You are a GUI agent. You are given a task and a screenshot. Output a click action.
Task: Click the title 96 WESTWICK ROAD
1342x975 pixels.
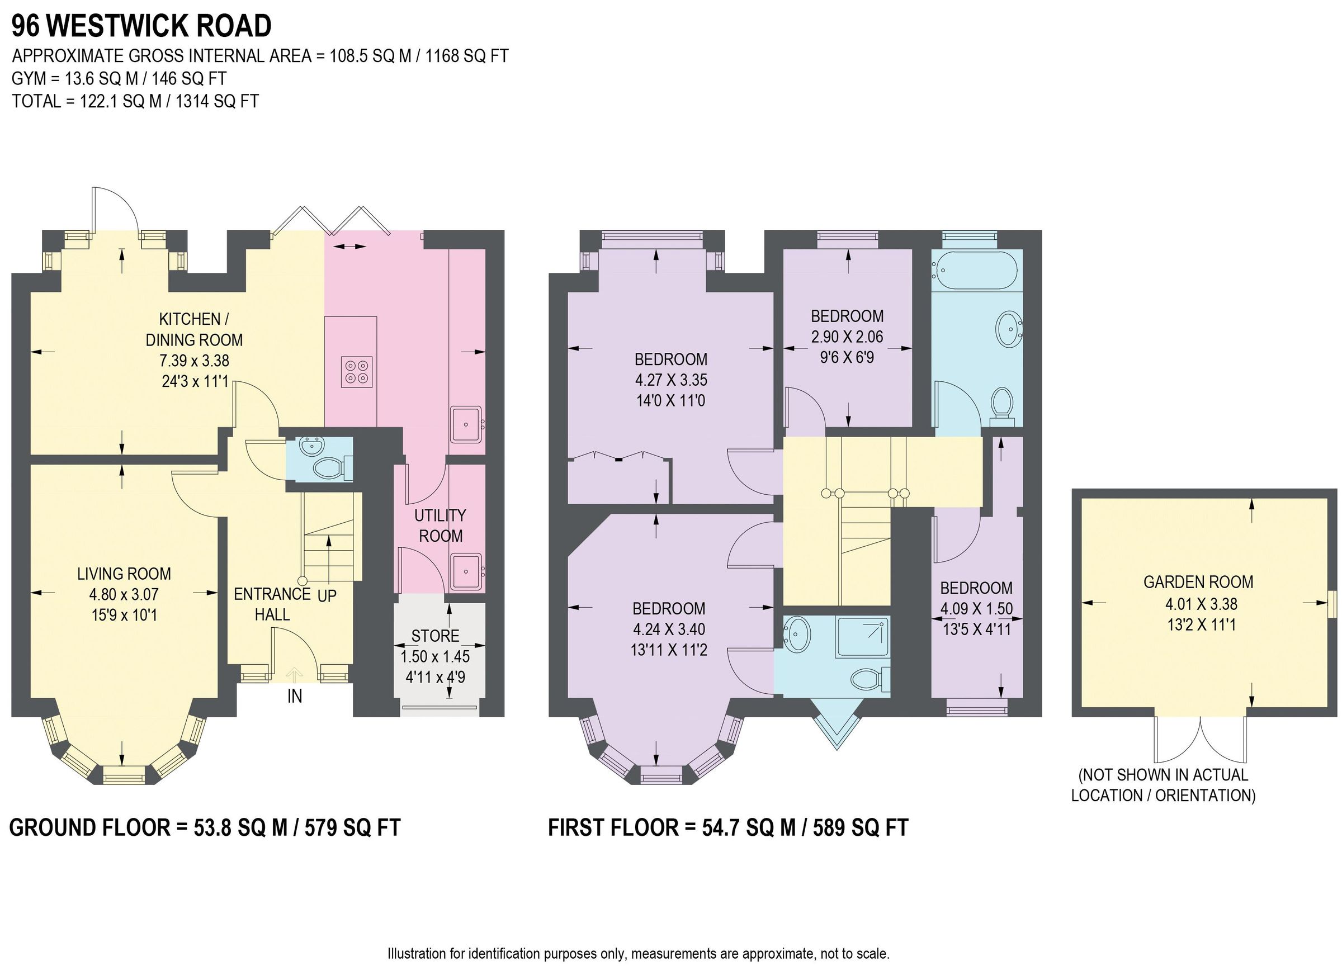[141, 26]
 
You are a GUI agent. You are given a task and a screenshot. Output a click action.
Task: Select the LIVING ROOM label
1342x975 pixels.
[124, 573]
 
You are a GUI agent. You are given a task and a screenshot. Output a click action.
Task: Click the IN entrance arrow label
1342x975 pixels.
[295, 696]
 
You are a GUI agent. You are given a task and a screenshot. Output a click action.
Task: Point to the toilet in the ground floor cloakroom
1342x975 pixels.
[327, 469]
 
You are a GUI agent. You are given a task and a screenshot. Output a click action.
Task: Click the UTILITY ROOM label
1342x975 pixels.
[440, 526]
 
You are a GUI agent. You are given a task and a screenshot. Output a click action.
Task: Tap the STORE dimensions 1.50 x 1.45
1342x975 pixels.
[435, 656]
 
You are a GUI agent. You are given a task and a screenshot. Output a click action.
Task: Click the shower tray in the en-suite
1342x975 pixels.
[863, 638]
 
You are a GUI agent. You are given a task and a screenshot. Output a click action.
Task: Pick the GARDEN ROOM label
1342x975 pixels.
[1198, 582]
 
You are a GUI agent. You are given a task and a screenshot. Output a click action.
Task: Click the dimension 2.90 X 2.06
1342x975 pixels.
[847, 337]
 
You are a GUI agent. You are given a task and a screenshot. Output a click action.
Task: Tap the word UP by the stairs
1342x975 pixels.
[327, 596]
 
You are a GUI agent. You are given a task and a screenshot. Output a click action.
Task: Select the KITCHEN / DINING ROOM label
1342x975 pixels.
[193, 329]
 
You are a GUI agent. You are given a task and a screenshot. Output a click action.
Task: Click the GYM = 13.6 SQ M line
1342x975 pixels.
[119, 79]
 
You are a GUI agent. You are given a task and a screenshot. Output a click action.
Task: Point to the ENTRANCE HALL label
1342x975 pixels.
[272, 604]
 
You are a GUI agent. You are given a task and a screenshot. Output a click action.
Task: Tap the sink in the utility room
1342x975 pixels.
[466, 572]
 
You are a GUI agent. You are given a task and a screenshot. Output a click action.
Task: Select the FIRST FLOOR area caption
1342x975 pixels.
[728, 827]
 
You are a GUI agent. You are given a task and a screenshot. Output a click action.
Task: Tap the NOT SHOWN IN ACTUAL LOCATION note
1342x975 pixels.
[1163, 785]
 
